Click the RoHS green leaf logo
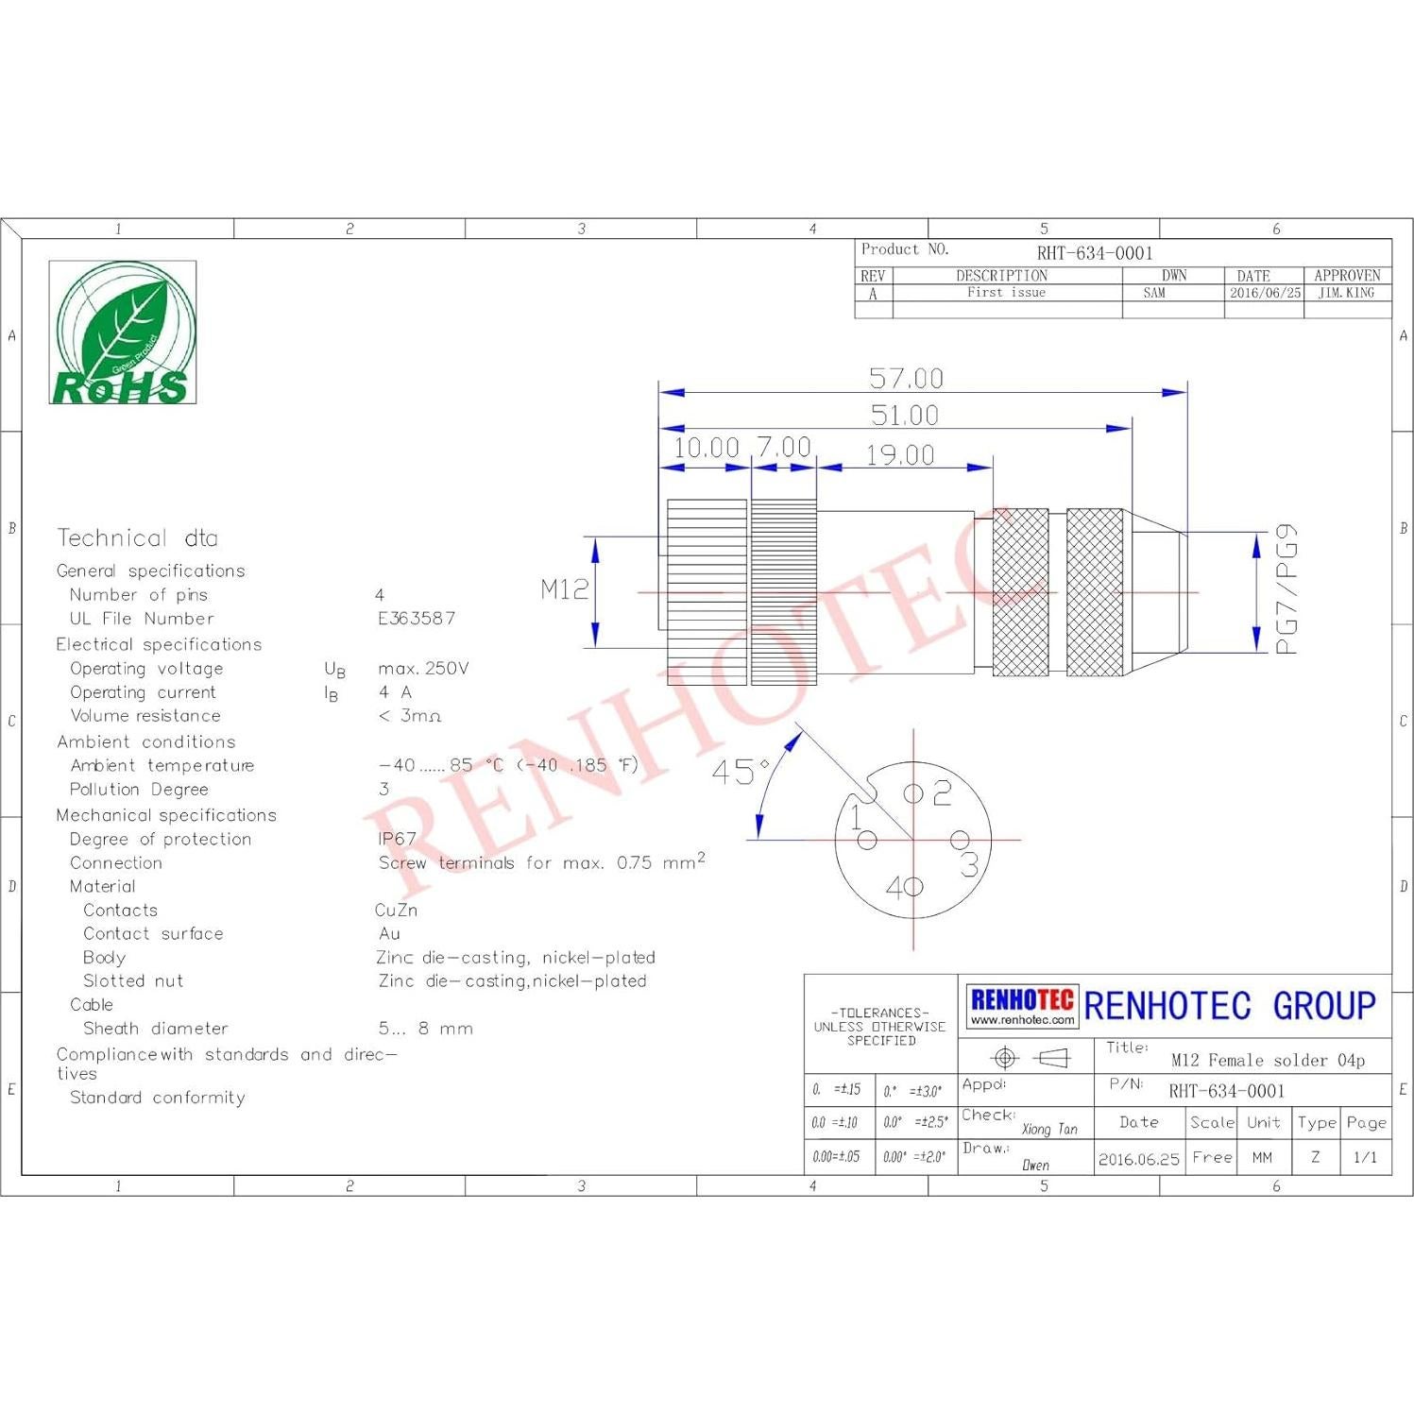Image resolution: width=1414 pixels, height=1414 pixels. [123, 332]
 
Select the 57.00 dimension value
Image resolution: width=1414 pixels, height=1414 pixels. [906, 379]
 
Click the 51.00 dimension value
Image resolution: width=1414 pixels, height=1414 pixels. [904, 416]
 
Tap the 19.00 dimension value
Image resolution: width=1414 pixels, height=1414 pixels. [900, 455]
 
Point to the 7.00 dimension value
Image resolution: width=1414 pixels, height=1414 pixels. [784, 447]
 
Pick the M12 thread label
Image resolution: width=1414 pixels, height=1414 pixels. [564, 589]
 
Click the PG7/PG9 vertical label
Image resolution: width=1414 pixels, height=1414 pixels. [1286, 589]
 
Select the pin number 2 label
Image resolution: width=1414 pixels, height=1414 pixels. [942, 793]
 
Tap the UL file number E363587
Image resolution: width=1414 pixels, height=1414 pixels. [417, 619]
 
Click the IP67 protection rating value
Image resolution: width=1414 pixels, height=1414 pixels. [397, 839]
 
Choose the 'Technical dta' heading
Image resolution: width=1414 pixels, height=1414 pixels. [138, 538]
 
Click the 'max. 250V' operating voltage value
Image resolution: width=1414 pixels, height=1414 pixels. [423, 669]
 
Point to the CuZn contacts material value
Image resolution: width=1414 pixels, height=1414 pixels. [396, 911]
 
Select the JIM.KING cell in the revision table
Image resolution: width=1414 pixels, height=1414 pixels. [1346, 293]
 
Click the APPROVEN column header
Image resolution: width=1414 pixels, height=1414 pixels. [1346, 276]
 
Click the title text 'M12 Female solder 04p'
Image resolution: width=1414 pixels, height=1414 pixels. [1268, 1060]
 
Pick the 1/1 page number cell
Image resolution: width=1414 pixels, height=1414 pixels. [1365, 1157]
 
